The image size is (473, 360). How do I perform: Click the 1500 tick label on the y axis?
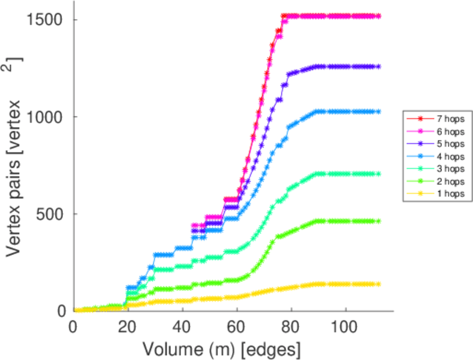click(x=44, y=20)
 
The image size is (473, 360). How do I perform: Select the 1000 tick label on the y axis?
click(x=44, y=117)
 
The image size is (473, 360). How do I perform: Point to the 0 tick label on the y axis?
click(x=61, y=311)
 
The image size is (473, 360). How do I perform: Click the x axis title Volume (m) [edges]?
click(x=221, y=348)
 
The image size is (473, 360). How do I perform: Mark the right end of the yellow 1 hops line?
click(x=379, y=284)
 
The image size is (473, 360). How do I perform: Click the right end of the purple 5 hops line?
click(x=379, y=67)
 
